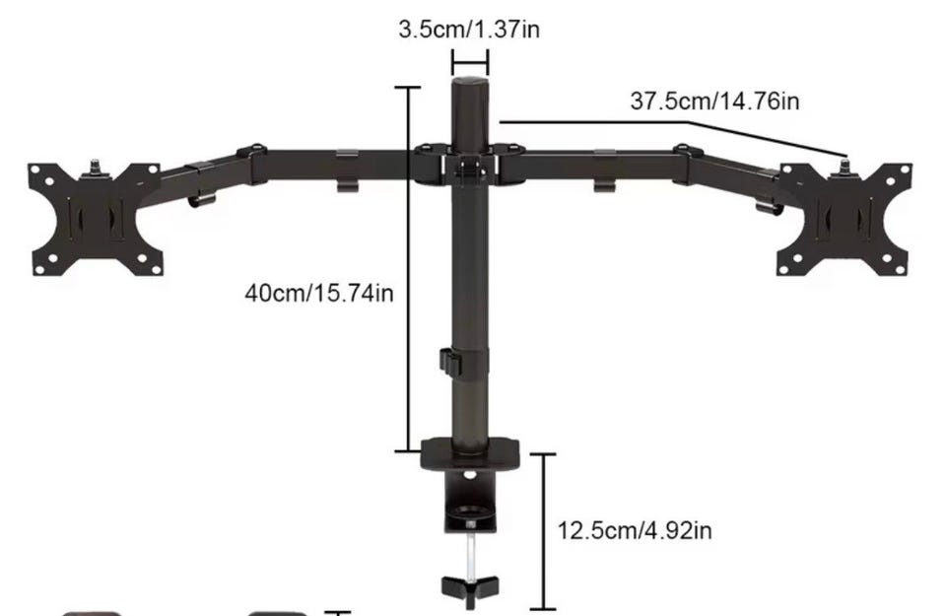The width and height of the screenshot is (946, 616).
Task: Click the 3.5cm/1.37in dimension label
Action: (x=469, y=29)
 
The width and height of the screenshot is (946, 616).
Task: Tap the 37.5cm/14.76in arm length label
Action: (x=714, y=101)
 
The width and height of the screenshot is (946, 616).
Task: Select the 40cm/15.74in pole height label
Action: (x=319, y=294)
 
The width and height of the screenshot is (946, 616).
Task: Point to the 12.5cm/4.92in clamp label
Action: (x=634, y=531)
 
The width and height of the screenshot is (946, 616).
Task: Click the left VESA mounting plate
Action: (x=96, y=220)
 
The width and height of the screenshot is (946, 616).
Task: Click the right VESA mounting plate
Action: (x=845, y=220)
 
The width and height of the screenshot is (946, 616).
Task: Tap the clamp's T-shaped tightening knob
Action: (x=470, y=590)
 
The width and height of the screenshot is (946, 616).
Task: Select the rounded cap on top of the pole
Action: (x=470, y=82)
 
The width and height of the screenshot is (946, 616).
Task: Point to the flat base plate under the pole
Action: (x=470, y=453)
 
